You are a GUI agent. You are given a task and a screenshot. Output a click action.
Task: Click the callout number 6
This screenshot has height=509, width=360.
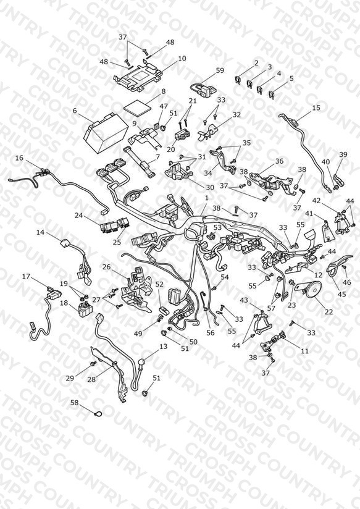[75, 111]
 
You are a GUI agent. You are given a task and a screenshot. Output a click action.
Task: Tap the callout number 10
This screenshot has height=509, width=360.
[182, 59]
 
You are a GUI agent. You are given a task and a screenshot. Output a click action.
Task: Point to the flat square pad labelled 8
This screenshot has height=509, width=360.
[138, 107]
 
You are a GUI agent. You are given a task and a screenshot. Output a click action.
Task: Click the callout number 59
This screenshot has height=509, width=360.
[220, 70]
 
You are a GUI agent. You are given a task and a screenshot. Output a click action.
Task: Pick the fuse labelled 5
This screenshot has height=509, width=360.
[272, 95]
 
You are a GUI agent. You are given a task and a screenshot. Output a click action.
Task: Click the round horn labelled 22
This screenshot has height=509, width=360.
[313, 288]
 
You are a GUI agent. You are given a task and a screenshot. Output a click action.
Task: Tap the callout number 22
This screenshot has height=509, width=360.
[329, 311]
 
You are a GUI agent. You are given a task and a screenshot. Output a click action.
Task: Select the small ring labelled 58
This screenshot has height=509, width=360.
[98, 414]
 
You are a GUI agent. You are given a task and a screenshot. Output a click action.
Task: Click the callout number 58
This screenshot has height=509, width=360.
[75, 403]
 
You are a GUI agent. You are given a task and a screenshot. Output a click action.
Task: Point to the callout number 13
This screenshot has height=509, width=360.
[163, 347]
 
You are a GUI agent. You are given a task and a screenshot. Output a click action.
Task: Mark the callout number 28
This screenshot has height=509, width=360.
[92, 379]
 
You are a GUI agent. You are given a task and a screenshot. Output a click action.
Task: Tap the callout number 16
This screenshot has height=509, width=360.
[20, 158]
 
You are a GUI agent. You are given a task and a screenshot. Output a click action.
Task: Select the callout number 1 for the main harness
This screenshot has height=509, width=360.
[207, 198]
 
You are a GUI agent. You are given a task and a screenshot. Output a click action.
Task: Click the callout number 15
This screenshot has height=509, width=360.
[316, 107]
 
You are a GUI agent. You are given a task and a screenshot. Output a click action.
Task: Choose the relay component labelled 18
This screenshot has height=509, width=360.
[85, 307]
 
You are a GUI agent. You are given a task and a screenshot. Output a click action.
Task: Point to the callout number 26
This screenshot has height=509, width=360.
[106, 267]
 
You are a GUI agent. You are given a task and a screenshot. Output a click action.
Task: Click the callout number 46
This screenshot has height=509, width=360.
[347, 282]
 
